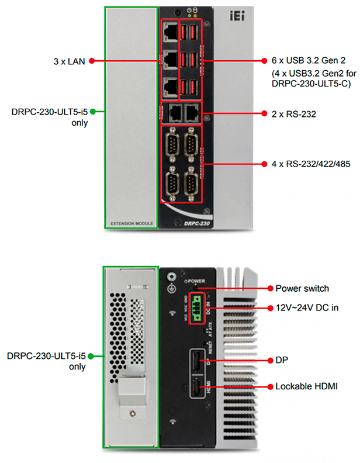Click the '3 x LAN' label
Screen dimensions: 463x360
click(x=69, y=60)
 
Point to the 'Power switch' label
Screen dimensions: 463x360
click(x=302, y=288)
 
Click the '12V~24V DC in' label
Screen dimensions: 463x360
click(x=307, y=307)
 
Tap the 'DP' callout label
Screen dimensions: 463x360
click(x=282, y=360)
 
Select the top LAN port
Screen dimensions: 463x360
click(x=170, y=31)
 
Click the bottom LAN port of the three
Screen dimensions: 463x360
click(x=170, y=85)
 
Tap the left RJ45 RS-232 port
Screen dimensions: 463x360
click(x=172, y=113)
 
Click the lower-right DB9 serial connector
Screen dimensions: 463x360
click(x=191, y=183)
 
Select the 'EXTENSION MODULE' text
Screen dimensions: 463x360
click(x=131, y=224)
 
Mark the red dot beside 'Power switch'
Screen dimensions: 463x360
click(x=269, y=288)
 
